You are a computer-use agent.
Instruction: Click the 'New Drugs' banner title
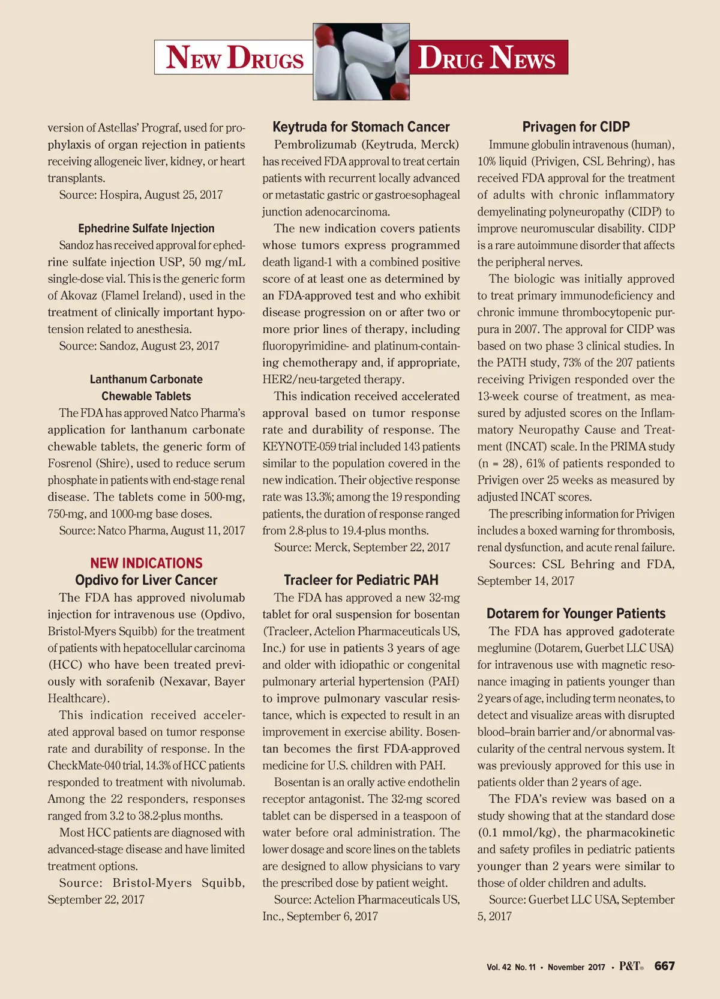pyautogui.click(x=235, y=58)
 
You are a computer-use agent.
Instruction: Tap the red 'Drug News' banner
pyautogui.click(x=487, y=58)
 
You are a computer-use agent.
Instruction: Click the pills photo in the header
pyautogui.click(x=361, y=62)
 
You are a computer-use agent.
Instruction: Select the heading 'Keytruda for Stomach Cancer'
pyautogui.click(x=361, y=127)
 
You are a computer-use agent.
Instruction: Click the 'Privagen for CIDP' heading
pyautogui.click(x=576, y=127)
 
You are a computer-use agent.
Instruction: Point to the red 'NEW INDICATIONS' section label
pyautogui.click(x=146, y=563)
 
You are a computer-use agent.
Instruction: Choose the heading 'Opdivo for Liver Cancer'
pyautogui.click(x=146, y=581)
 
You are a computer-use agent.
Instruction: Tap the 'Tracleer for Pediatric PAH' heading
pyautogui.click(x=361, y=581)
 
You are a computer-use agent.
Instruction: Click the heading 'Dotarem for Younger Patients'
pyautogui.click(x=576, y=614)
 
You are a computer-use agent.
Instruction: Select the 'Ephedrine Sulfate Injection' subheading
pyautogui.click(x=146, y=229)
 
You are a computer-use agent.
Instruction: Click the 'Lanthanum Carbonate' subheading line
pyautogui.click(x=146, y=379)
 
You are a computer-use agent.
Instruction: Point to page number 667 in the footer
pyautogui.click(x=664, y=966)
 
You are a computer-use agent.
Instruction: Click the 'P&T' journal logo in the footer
pyautogui.click(x=630, y=966)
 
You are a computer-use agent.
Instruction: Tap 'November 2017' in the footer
pyautogui.click(x=576, y=967)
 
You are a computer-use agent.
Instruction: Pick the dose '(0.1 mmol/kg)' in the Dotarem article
pyautogui.click(x=518, y=833)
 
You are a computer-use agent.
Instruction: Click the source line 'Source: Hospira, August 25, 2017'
pyautogui.click(x=141, y=195)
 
